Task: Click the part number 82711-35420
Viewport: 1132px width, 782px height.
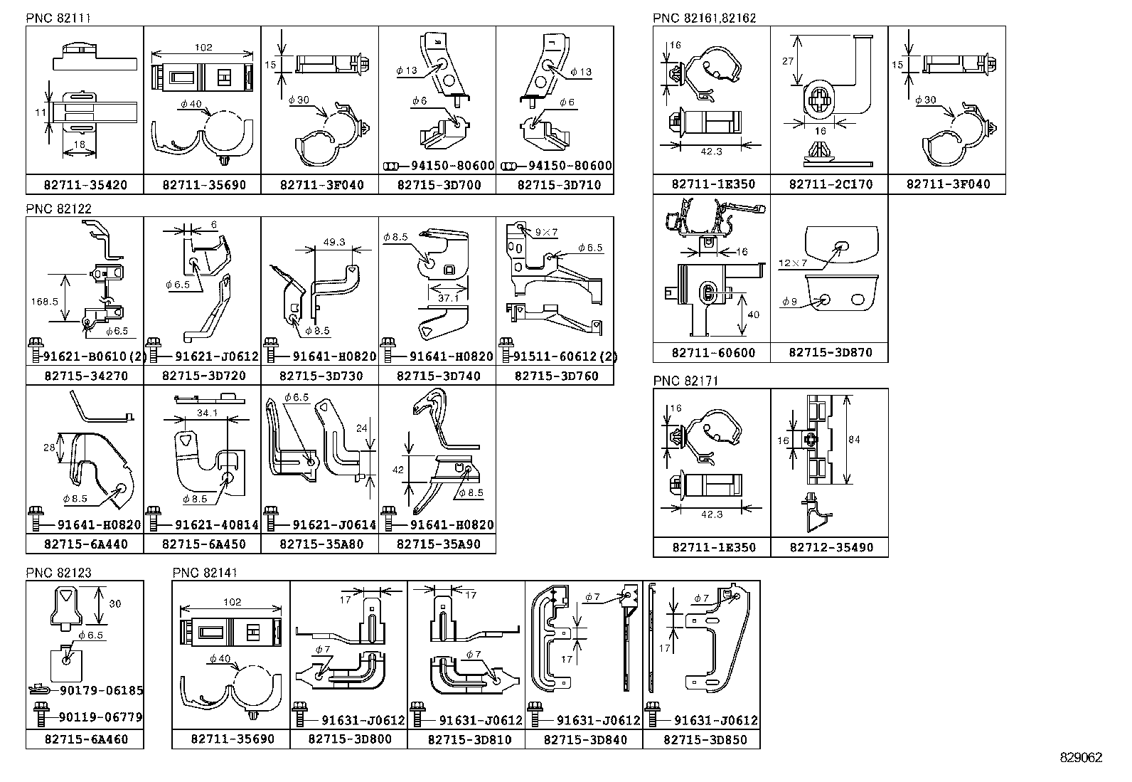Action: [85, 185]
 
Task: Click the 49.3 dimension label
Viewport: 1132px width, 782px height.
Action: [333, 242]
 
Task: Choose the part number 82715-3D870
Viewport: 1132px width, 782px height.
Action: [830, 353]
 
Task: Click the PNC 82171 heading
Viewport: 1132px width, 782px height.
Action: [685, 381]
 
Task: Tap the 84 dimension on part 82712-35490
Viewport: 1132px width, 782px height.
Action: [854, 440]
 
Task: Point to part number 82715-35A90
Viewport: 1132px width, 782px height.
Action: [438, 544]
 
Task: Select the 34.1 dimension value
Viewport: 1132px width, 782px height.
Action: [207, 413]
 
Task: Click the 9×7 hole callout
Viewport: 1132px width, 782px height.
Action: [548, 231]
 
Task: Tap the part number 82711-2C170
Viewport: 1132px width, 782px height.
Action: [830, 184]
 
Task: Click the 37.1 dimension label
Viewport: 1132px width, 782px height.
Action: [449, 298]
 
